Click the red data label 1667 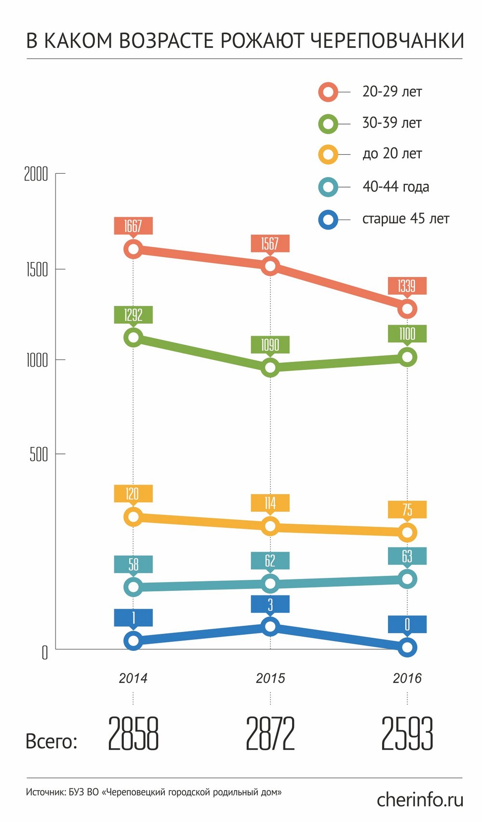click(x=133, y=226)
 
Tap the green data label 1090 click(x=270, y=345)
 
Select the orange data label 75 click(x=407, y=509)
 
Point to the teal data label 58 click(x=133, y=564)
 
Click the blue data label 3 click(x=270, y=604)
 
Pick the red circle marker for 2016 click(x=407, y=309)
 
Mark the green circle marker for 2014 click(x=133, y=337)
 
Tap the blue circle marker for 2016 click(x=407, y=647)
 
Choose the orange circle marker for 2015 click(x=270, y=526)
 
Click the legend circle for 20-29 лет click(x=328, y=92)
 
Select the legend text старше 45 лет click(x=405, y=219)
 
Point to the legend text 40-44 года click(x=395, y=187)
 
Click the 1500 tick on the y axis click(x=37, y=270)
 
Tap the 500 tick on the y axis click(x=39, y=454)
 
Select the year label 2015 click(x=270, y=678)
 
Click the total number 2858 click(x=133, y=734)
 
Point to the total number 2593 click(x=407, y=734)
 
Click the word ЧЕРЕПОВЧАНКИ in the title click(x=387, y=41)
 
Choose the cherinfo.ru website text click(x=420, y=800)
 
